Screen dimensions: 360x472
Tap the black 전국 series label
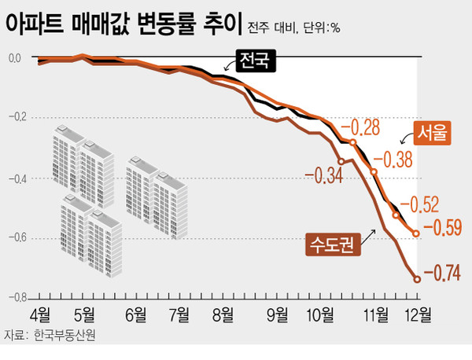pyautogui.click(x=254, y=60)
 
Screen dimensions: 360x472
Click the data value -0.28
pyautogui.click(x=364, y=127)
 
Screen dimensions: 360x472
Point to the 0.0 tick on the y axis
pyautogui.click(x=15, y=58)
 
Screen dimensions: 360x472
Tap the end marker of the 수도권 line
pyautogui.click(x=418, y=277)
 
